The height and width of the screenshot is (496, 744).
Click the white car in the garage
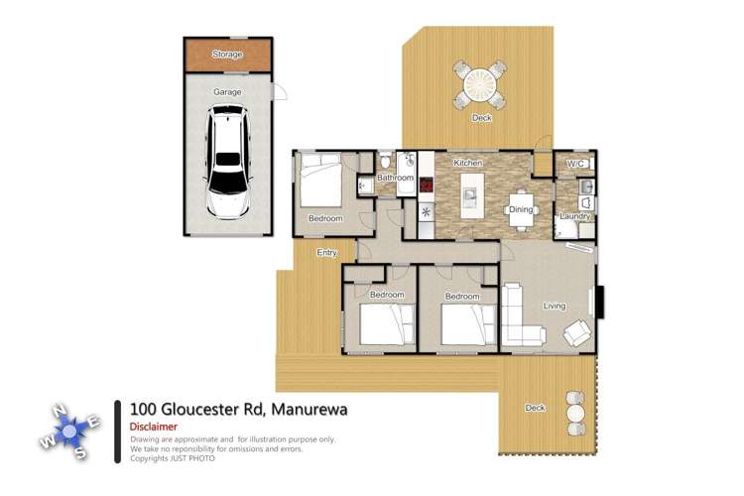point(228,166)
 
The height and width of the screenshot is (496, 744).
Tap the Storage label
point(227,55)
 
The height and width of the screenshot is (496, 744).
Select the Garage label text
point(227,91)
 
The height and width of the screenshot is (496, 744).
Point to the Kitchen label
point(467,162)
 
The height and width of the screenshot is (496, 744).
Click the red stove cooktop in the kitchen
point(427,185)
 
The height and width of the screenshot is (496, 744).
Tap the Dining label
point(521,209)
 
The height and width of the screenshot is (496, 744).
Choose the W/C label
point(576,164)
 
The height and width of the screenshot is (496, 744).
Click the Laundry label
point(574,216)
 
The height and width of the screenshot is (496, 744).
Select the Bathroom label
point(394,179)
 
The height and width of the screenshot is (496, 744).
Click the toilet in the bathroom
point(385,160)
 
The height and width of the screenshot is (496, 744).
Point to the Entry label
point(327,253)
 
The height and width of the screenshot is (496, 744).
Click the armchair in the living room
point(577,333)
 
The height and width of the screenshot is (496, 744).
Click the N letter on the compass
point(59,410)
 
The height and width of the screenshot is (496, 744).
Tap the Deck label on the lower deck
point(535,408)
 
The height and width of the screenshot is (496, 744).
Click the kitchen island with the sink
point(470,195)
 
